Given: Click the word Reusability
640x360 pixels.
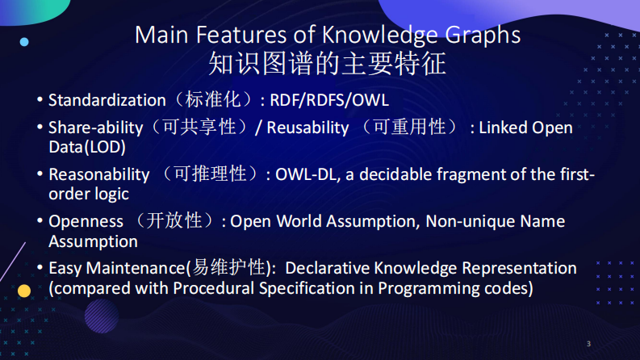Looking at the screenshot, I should point(307,128).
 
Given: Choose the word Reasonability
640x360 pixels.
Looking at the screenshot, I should point(99,174).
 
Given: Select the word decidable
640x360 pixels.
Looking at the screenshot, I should point(393,174).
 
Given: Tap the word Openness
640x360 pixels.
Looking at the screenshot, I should point(86,221).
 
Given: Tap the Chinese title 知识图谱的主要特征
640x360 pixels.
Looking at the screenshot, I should point(327,63).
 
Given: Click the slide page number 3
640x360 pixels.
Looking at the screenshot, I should point(588,344).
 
